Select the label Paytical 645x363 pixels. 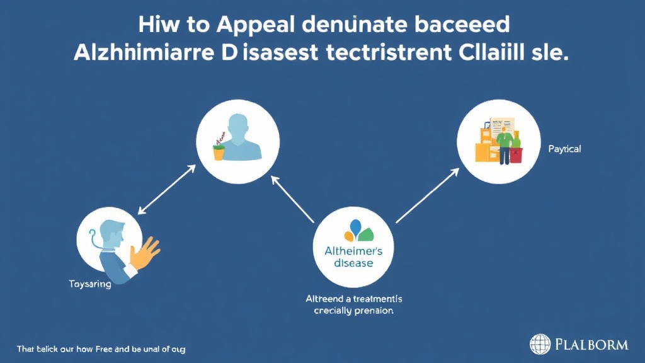click(564, 149)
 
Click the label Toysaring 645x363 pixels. click(89, 284)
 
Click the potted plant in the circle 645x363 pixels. click(219, 147)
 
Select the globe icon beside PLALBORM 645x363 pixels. click(540, 344)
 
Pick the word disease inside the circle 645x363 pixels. click(353, 263)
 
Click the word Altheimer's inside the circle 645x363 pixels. click(353, 250)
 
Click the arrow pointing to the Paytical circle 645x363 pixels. click(426, 196)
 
